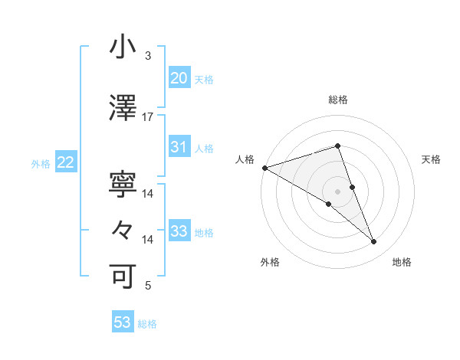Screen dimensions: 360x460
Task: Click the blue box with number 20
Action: pyautogui.click(x=179, y=77)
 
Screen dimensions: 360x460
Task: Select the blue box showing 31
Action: pyautogui.click(x=179, y=147)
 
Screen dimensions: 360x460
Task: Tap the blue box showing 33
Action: pyautogui.click(x=179, y=231)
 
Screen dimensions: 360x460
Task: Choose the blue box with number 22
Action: pyautogui.click(x=65, y=162)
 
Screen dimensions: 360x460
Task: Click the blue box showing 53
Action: pyautogui.click(x=123, y=322)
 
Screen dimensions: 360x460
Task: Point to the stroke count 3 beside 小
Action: pyautogui.click(x=148, y=56)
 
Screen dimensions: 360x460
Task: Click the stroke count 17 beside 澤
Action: pyautogui.click(x=148, y=117)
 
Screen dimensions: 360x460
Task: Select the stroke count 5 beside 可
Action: pyautogui.click(x=148, y=286)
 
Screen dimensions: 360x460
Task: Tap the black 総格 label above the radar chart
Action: pyautogui.click(x=337, y=100)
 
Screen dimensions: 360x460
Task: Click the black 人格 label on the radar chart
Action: pyautogui.click(x=245, y=159)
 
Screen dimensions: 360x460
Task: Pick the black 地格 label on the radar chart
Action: pyautogui.click(x=402, y=262)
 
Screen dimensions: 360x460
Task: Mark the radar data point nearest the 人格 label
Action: pyautogui.click(x=264, y=167)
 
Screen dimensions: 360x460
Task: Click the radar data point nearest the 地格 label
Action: pyautogui.click(x=374, y=241)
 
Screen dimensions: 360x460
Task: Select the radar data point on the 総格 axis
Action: pyautogui.click(x=337, y=146)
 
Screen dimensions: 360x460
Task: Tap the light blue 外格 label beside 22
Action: pyautogui.click(x=41, y=163)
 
